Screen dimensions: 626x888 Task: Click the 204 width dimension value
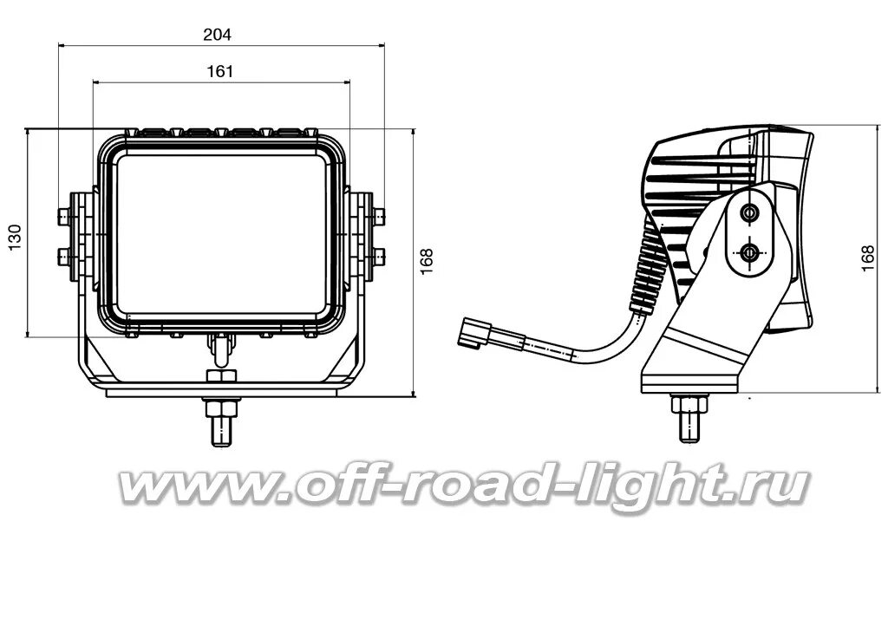(217, 35)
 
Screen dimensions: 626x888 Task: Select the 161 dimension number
(220, 72)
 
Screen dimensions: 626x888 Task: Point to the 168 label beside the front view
(426, 260)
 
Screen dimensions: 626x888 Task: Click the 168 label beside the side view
(867, 258)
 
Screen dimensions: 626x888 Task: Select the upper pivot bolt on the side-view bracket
(748, 212)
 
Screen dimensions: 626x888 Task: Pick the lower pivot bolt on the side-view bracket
(748, 252)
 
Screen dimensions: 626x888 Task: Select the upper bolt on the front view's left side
(64, 214)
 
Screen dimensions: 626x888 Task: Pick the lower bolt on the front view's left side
(64, 255)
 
